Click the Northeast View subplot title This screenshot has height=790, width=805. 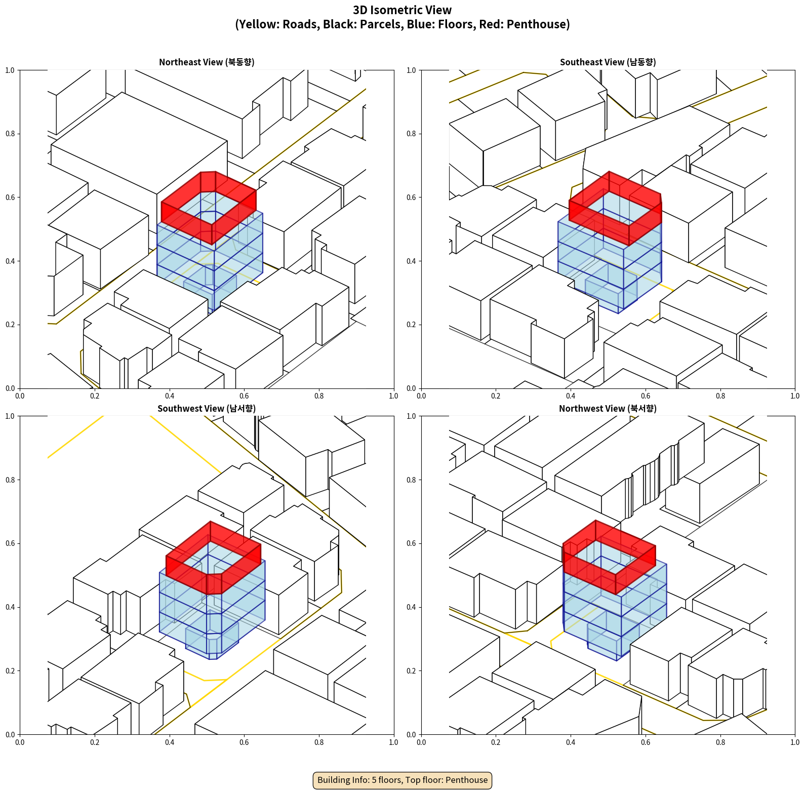pos(207,62)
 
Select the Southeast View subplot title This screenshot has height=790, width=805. pos(608,62)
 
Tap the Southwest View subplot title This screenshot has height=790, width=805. pos(207,408)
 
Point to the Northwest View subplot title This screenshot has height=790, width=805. pos(608,408)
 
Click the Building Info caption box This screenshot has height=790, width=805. pos(402,780)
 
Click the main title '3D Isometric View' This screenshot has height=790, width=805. pos(402,10)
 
